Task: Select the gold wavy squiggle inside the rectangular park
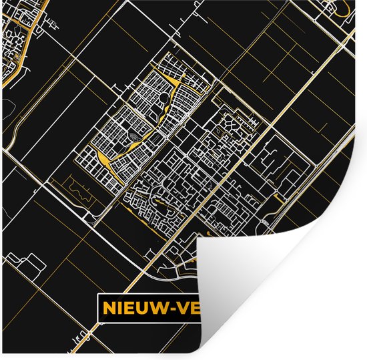(x=79, y=193)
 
